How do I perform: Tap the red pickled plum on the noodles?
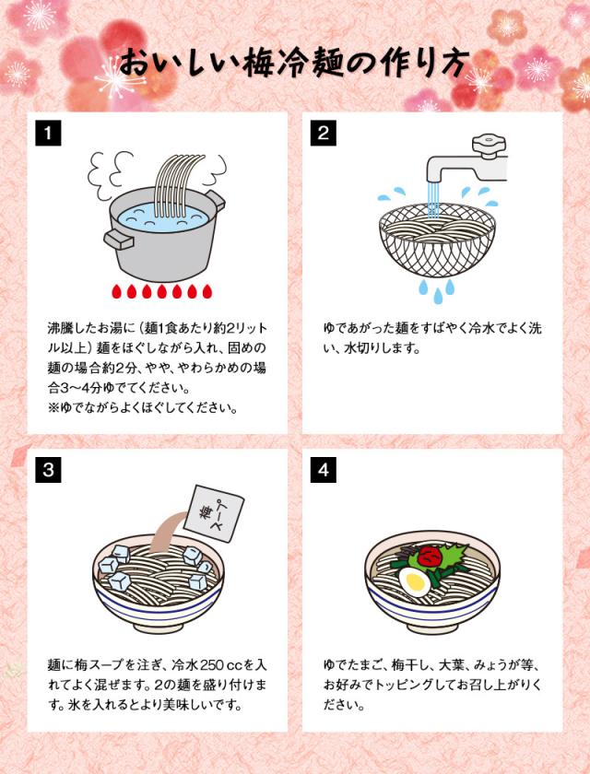tap(429, 556)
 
